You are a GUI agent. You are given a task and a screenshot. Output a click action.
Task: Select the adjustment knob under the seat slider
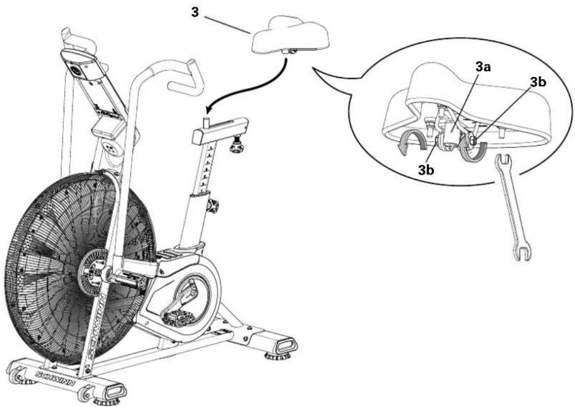pos(235,146)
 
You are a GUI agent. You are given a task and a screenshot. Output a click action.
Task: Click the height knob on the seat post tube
pos(213,206)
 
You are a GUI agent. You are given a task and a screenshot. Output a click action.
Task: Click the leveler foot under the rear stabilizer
pos(278,354)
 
